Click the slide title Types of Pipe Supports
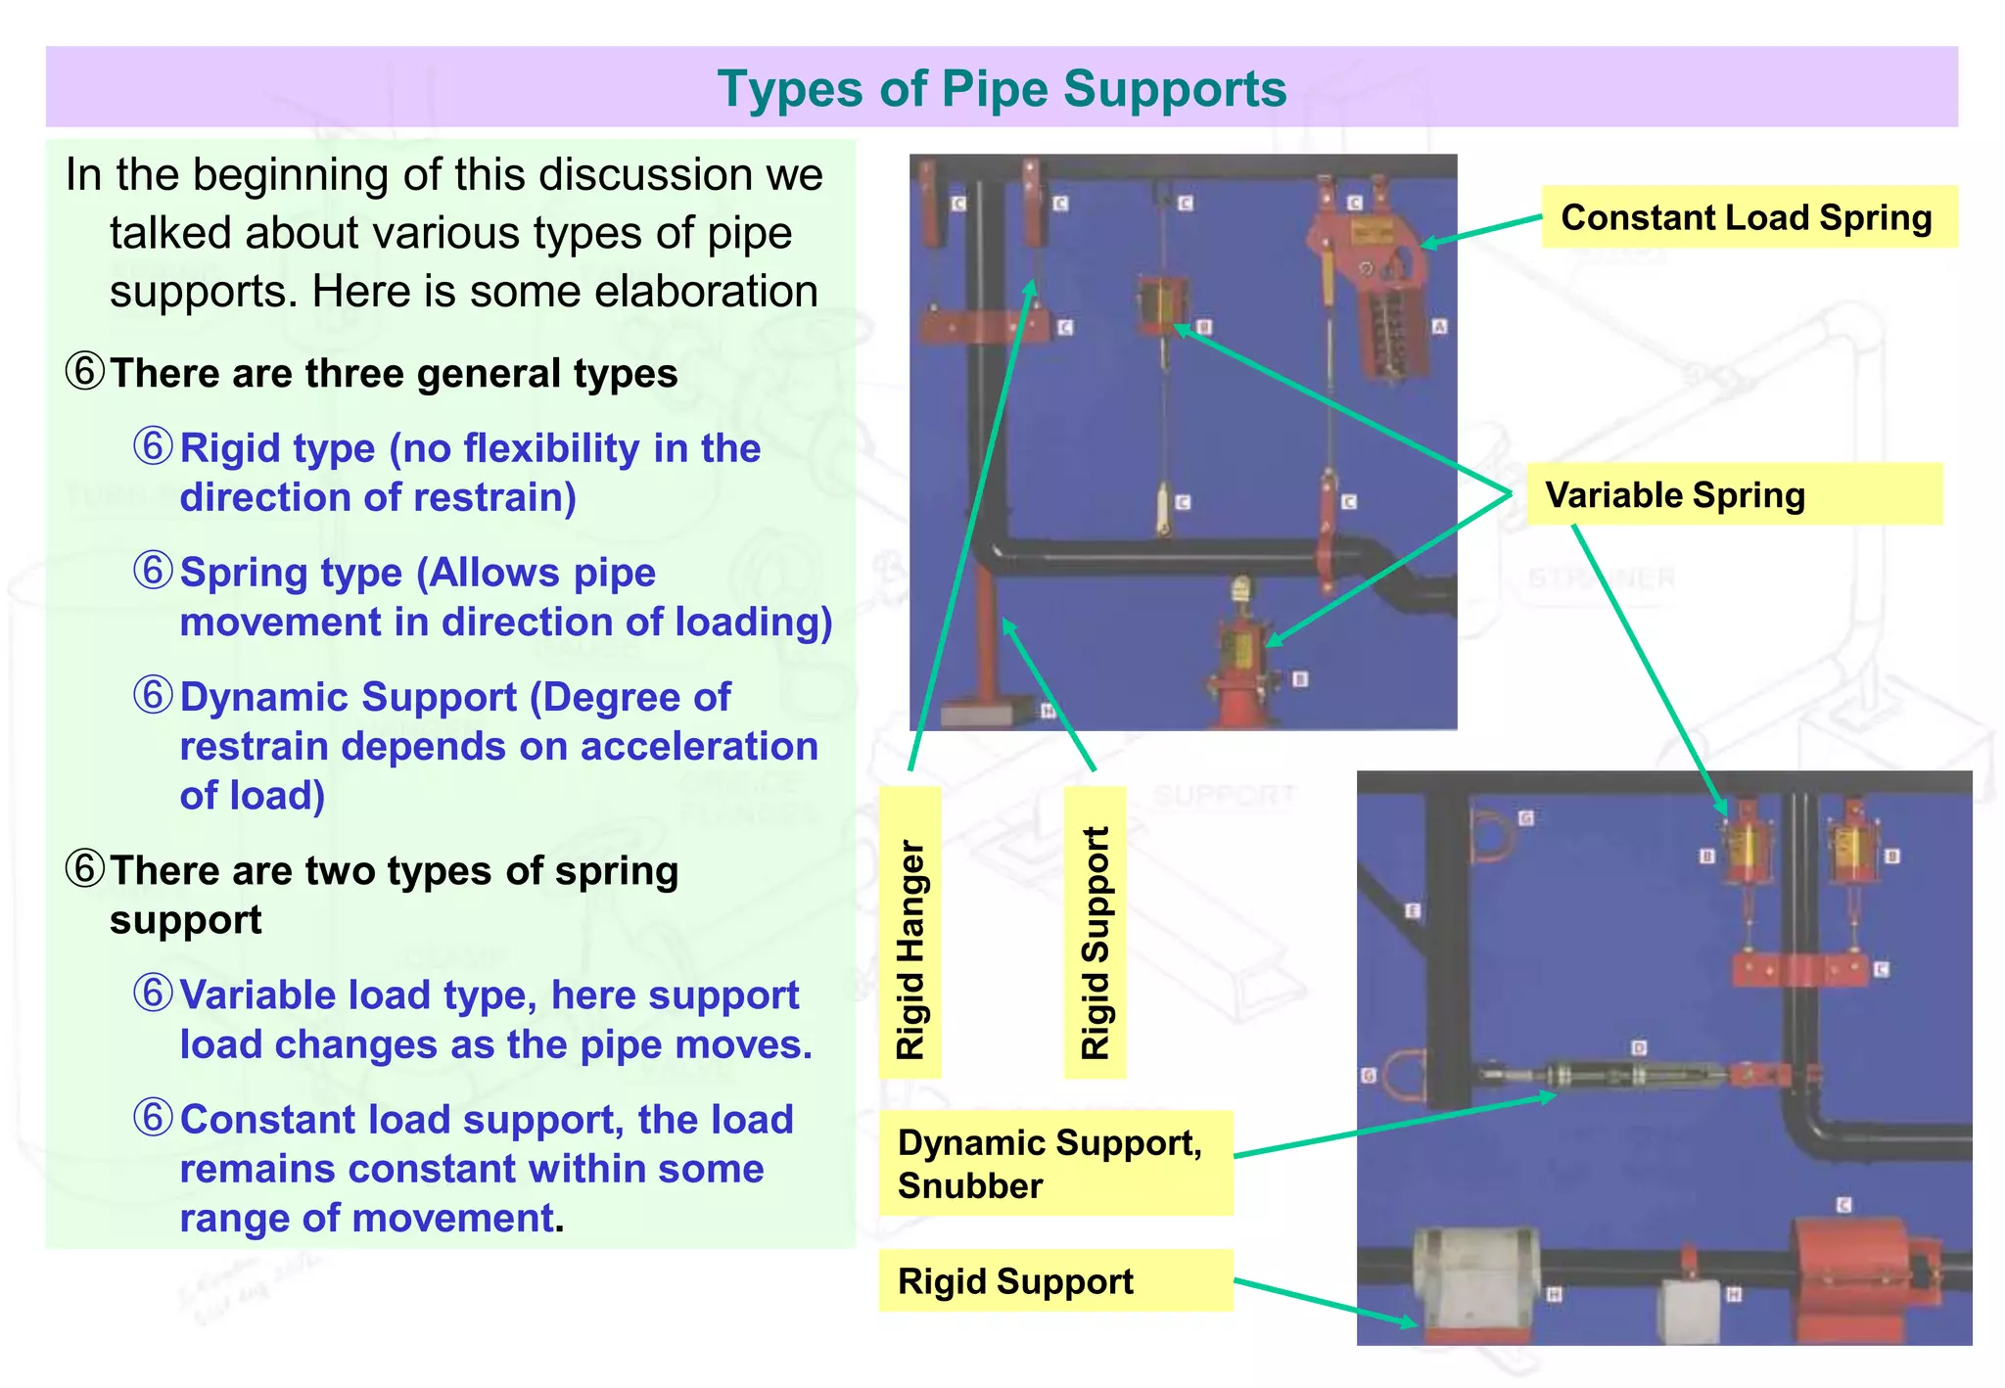point(1001,89)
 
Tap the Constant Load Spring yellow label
point(1748,217)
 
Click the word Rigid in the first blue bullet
point(228,448)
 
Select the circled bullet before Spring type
point(153,572)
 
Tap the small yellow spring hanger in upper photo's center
point(1162,304)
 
